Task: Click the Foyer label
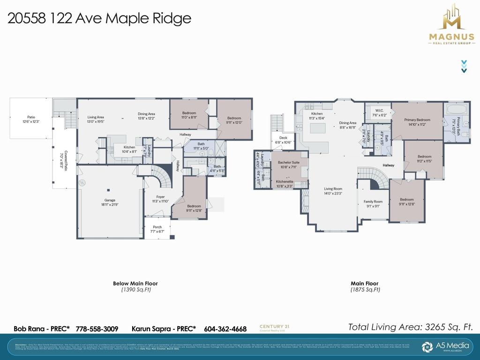point(161,199)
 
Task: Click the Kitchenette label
point(285,184)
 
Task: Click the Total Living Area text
point(410,327)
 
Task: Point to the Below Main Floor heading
point(135,283)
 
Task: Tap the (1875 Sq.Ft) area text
point(365,290)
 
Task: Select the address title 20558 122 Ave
point(99,18)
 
